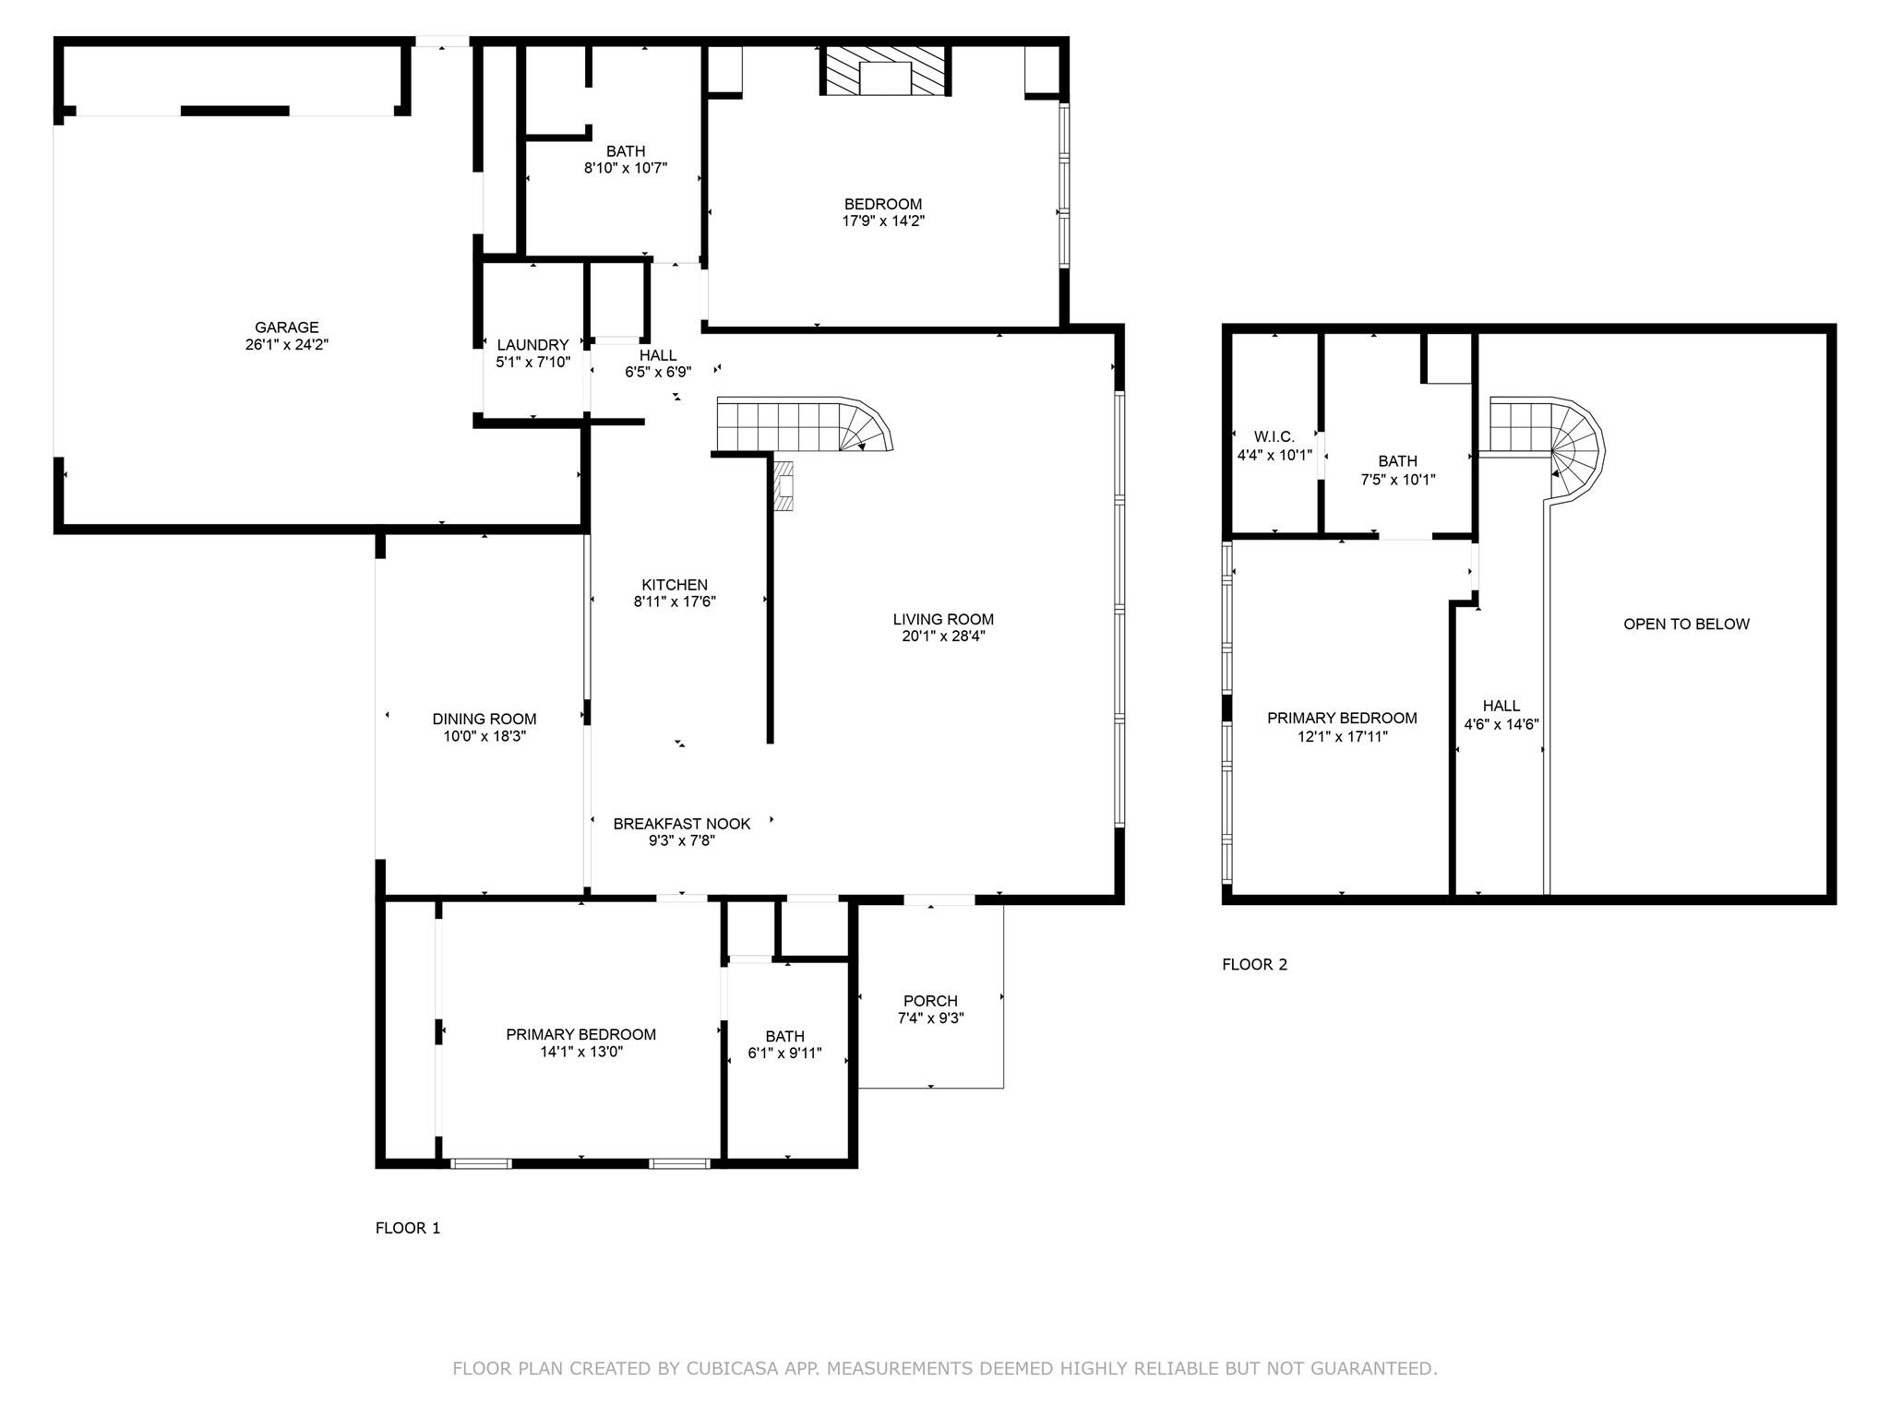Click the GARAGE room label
286,327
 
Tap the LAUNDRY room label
532,345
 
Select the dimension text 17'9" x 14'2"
883,221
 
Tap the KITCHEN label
675,585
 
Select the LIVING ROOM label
943,620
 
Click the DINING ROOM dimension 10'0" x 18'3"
484,736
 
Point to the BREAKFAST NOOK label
681,824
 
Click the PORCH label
930,1001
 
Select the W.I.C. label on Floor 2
1274,437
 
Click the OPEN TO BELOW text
1686,625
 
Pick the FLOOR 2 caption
1254,965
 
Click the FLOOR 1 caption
408,1228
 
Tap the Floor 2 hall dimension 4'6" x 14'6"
1501,725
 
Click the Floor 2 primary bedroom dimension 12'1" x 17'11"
1342,736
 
